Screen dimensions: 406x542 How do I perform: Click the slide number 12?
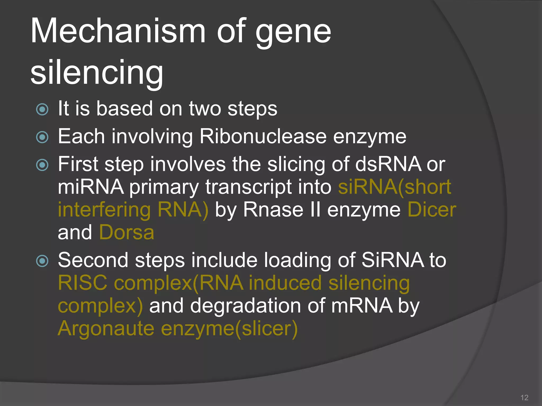point(524,398)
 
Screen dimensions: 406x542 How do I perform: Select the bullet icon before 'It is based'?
point(42,109)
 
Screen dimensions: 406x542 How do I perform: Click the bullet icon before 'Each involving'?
point(42,137)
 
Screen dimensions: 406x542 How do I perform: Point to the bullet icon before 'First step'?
point(42,165)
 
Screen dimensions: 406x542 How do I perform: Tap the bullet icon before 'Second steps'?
point(42,261)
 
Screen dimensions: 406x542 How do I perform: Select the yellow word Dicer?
point(432,210)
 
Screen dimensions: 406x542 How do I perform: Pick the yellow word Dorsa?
point(127,233)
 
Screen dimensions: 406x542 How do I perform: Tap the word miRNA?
point(91,187)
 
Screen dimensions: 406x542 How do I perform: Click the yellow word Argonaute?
point(106,329)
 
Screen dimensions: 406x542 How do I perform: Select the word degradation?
point(246,306)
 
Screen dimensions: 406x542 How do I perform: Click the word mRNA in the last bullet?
point(362,306)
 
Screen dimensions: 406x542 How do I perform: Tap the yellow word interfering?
point(104,210)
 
